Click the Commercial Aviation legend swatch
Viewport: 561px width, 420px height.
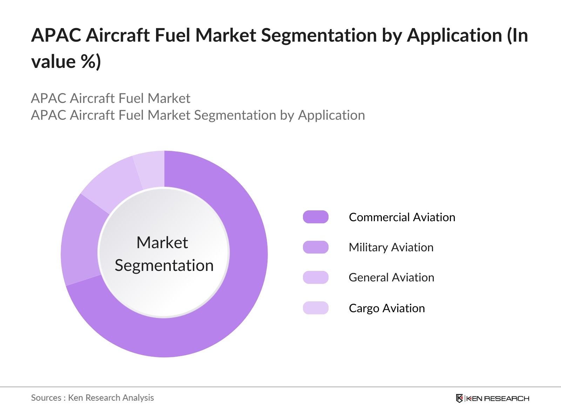(316, 217)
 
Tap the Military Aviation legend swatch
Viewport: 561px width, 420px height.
(316, 247)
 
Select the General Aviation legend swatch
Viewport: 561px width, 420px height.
(316, 277)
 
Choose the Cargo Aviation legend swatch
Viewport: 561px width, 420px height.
(316, 308)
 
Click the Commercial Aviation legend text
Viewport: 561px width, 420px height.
(402, 217)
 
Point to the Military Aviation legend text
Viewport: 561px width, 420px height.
(391, 247)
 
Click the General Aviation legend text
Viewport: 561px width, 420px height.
(391, 277)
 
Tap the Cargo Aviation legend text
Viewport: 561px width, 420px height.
(387, 308)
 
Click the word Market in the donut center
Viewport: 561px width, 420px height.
(162, 243)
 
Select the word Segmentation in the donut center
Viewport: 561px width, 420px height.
(164, 265)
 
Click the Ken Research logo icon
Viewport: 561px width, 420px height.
(459, 398)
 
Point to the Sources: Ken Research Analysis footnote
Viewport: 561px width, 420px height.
(92, 398)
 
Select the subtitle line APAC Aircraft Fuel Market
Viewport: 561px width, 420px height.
(110, 98)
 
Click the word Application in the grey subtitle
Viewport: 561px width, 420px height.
(331, 115)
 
